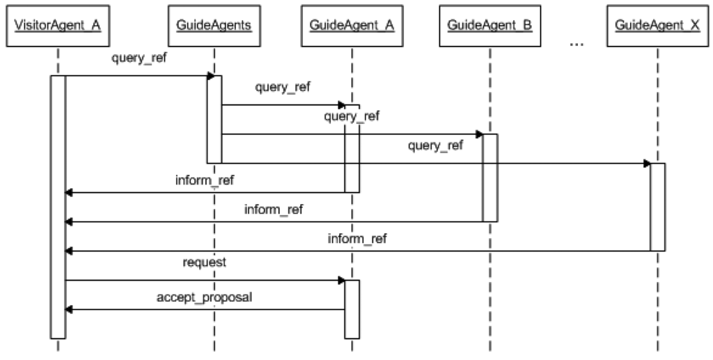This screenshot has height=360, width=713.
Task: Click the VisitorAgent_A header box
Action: (x=58, y=26)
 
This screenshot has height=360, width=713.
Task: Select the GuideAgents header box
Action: (x=214, y=26)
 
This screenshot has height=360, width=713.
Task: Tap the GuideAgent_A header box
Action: (x=352, y=26)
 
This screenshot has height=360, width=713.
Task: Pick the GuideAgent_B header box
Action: (x=489, y=26)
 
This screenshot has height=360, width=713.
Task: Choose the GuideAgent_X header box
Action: (x=657, y=26)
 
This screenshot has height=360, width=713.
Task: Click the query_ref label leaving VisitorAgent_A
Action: (x=139, y=58)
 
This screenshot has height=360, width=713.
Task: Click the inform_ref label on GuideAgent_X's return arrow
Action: (x=358, y=239)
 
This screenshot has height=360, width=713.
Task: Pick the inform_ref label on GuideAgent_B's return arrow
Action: (x=274, y=209)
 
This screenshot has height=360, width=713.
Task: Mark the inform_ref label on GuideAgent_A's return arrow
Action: (x=205, y=180)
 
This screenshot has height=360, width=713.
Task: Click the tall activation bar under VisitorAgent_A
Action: (x=58, y=209)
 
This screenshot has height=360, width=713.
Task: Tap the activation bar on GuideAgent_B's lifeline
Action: (x=489, y=178)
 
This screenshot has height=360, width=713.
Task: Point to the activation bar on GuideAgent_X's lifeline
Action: (x=657, y=207)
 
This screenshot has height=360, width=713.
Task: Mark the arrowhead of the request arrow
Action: (x=341, y=280)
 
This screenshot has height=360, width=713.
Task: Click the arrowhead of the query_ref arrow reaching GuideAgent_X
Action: (x=647, y=164)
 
